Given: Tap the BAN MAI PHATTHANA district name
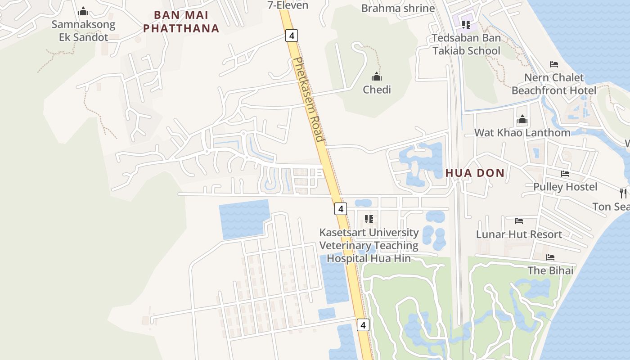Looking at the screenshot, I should coord(181,22).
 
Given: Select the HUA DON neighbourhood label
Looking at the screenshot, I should coord(475,173).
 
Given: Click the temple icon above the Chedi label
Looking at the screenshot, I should coord(377,76).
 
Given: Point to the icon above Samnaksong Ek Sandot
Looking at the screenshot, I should coord(83,11).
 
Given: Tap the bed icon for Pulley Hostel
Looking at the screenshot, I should coord(565,174).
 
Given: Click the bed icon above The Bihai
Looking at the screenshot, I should coord(550,257).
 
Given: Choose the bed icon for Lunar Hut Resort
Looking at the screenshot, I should coord(519,221).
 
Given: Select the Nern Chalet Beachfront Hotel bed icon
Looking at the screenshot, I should coord(554,64).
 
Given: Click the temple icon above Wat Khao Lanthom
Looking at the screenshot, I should coord(522,119).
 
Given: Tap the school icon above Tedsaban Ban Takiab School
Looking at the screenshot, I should coord(466,24).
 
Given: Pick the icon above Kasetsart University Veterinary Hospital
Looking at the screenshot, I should coord(369,219).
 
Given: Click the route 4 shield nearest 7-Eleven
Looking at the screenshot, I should coord(292,35).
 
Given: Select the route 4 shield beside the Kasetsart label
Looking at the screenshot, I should coord(341,209).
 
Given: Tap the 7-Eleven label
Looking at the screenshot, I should coord(288,5).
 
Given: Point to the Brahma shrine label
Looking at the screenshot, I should coord(398,8).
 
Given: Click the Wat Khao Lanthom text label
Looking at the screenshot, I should coord(522,132).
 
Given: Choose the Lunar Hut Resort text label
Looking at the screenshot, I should coord(519,234).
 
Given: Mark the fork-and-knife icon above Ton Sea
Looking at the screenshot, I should coord(623,193).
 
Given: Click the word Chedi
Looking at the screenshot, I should coord(377,90).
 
